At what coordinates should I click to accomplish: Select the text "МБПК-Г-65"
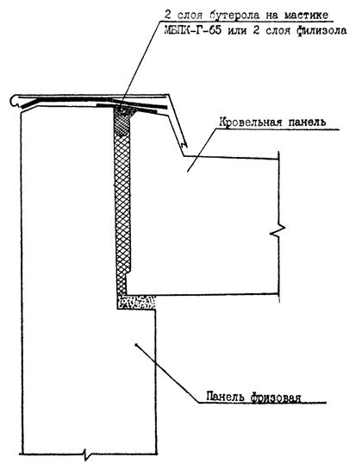(x=193, y=30)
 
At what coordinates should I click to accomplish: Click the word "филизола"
(x=321, y=30)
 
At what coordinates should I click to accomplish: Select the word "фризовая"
(x=276, y=398)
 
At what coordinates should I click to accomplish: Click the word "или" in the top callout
(x=237, y=31)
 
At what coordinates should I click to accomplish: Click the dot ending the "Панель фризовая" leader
(x=136, y=344)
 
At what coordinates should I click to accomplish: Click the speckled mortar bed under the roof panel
(x=137, y=302)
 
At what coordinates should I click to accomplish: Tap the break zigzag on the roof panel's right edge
(x=278, y=231)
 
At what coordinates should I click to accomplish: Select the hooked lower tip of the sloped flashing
(x=184, y=144)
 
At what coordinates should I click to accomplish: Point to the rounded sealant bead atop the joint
(x=124, y=110)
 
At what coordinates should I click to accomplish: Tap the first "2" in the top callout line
(x=167, y=15)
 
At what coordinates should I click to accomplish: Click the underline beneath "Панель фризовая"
(x=262, y=402)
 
